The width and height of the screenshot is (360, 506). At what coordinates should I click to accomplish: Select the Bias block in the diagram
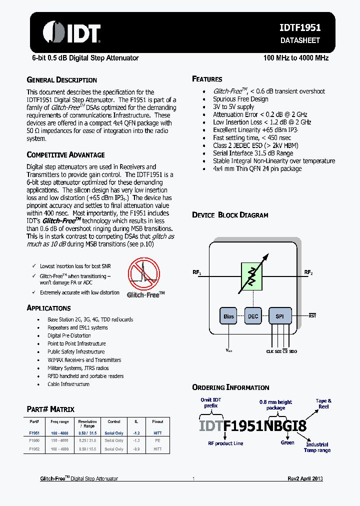228,316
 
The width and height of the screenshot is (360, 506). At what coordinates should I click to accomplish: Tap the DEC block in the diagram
253,316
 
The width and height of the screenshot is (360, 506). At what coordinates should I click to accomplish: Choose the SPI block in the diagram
279,316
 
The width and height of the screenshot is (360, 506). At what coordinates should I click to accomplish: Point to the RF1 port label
196,272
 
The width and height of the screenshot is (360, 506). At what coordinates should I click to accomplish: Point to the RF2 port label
308,272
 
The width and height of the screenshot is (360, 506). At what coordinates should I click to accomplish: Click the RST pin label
312,316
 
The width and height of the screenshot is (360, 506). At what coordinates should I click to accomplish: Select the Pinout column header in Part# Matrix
157,421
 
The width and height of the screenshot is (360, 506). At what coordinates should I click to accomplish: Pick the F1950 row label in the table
34,441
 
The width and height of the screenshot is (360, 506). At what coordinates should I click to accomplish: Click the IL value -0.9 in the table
135,449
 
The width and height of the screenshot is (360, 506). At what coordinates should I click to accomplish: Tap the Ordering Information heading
230,387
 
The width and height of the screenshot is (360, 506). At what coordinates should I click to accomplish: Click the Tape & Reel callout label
323,403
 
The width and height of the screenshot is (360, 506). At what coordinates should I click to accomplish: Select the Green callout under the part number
287,442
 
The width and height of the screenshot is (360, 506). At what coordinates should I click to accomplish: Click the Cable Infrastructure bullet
68,384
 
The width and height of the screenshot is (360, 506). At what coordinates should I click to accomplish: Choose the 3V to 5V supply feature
233,106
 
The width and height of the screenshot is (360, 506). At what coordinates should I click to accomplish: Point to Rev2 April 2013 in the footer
305,478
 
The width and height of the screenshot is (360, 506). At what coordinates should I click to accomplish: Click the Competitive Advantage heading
65,155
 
